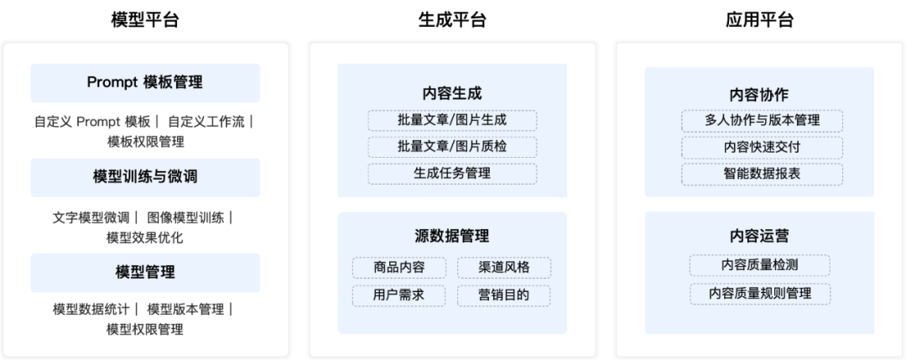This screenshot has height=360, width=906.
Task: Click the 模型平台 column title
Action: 145,20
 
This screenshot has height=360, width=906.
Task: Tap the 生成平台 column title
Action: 452,20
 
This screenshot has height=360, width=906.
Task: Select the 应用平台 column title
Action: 759,20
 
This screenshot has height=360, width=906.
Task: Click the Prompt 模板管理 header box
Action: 145,82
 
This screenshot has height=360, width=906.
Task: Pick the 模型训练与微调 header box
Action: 145,177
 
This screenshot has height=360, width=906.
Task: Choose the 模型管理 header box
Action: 145,272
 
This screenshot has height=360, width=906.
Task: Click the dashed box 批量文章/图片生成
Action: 452,120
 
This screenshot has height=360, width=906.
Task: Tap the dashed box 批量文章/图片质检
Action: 452,147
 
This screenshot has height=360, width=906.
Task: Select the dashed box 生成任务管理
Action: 452,174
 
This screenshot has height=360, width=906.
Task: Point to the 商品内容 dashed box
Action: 399,268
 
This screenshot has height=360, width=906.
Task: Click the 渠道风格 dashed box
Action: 504,268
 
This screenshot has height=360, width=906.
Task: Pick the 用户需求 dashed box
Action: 399,295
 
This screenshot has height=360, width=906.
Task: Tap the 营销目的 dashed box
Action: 504,295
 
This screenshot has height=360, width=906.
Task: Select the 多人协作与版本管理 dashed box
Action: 762,121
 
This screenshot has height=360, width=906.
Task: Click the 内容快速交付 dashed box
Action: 762,148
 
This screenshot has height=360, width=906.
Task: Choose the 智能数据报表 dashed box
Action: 762,174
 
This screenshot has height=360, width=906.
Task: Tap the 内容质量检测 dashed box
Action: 760,265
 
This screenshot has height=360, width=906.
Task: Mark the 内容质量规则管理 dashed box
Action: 760,294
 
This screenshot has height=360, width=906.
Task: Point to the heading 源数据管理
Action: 452,236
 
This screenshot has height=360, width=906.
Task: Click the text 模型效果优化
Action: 145,238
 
